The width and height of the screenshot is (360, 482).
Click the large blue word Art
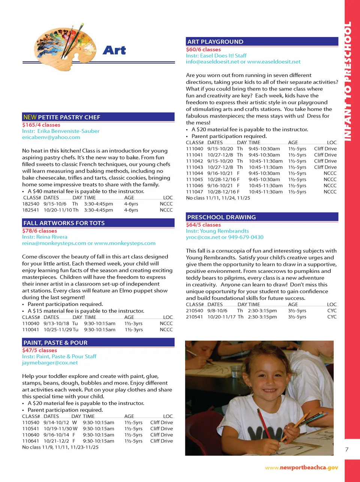pyautogui.click(x=114, y=50)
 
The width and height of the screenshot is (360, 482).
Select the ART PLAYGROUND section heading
pyautogui.click(x=215, y=42)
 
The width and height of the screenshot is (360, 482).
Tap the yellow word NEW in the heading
pyautogui.click(x=30, y=117)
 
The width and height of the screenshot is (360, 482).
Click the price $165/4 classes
pyautogui.click(x=41, y=125)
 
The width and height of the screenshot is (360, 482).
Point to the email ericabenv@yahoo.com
pyautogui.click(x=51, y=137)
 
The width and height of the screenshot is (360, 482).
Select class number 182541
pyautogui.click(x=31, y=210)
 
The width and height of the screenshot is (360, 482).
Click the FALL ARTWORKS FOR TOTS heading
pyautogui.click(x=64, y=223)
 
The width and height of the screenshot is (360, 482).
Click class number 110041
pyautogui.click(x=31, y=330)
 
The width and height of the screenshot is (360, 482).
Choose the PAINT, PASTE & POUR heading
pyautogui.click(x=55, y=342)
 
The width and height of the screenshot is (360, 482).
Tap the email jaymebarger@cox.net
pyautogui.click(x=50, y=363)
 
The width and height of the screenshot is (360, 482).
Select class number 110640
pyautogui.click(x=31, y=435)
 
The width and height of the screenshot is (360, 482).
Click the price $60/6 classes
pyautogui.click(x=203, y=50)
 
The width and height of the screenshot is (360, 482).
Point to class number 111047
pyautogui.click(x=195, y=192)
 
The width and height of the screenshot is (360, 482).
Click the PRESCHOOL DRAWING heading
pyautogui.click(x=222, y=217)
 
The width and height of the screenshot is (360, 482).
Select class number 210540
pyautogui.click(x=195, y=311)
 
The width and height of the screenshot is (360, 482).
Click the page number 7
pyautogui.click(x=347, y=449)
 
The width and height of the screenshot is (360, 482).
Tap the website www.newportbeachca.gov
pyautogui.click(x=301, y=467)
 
